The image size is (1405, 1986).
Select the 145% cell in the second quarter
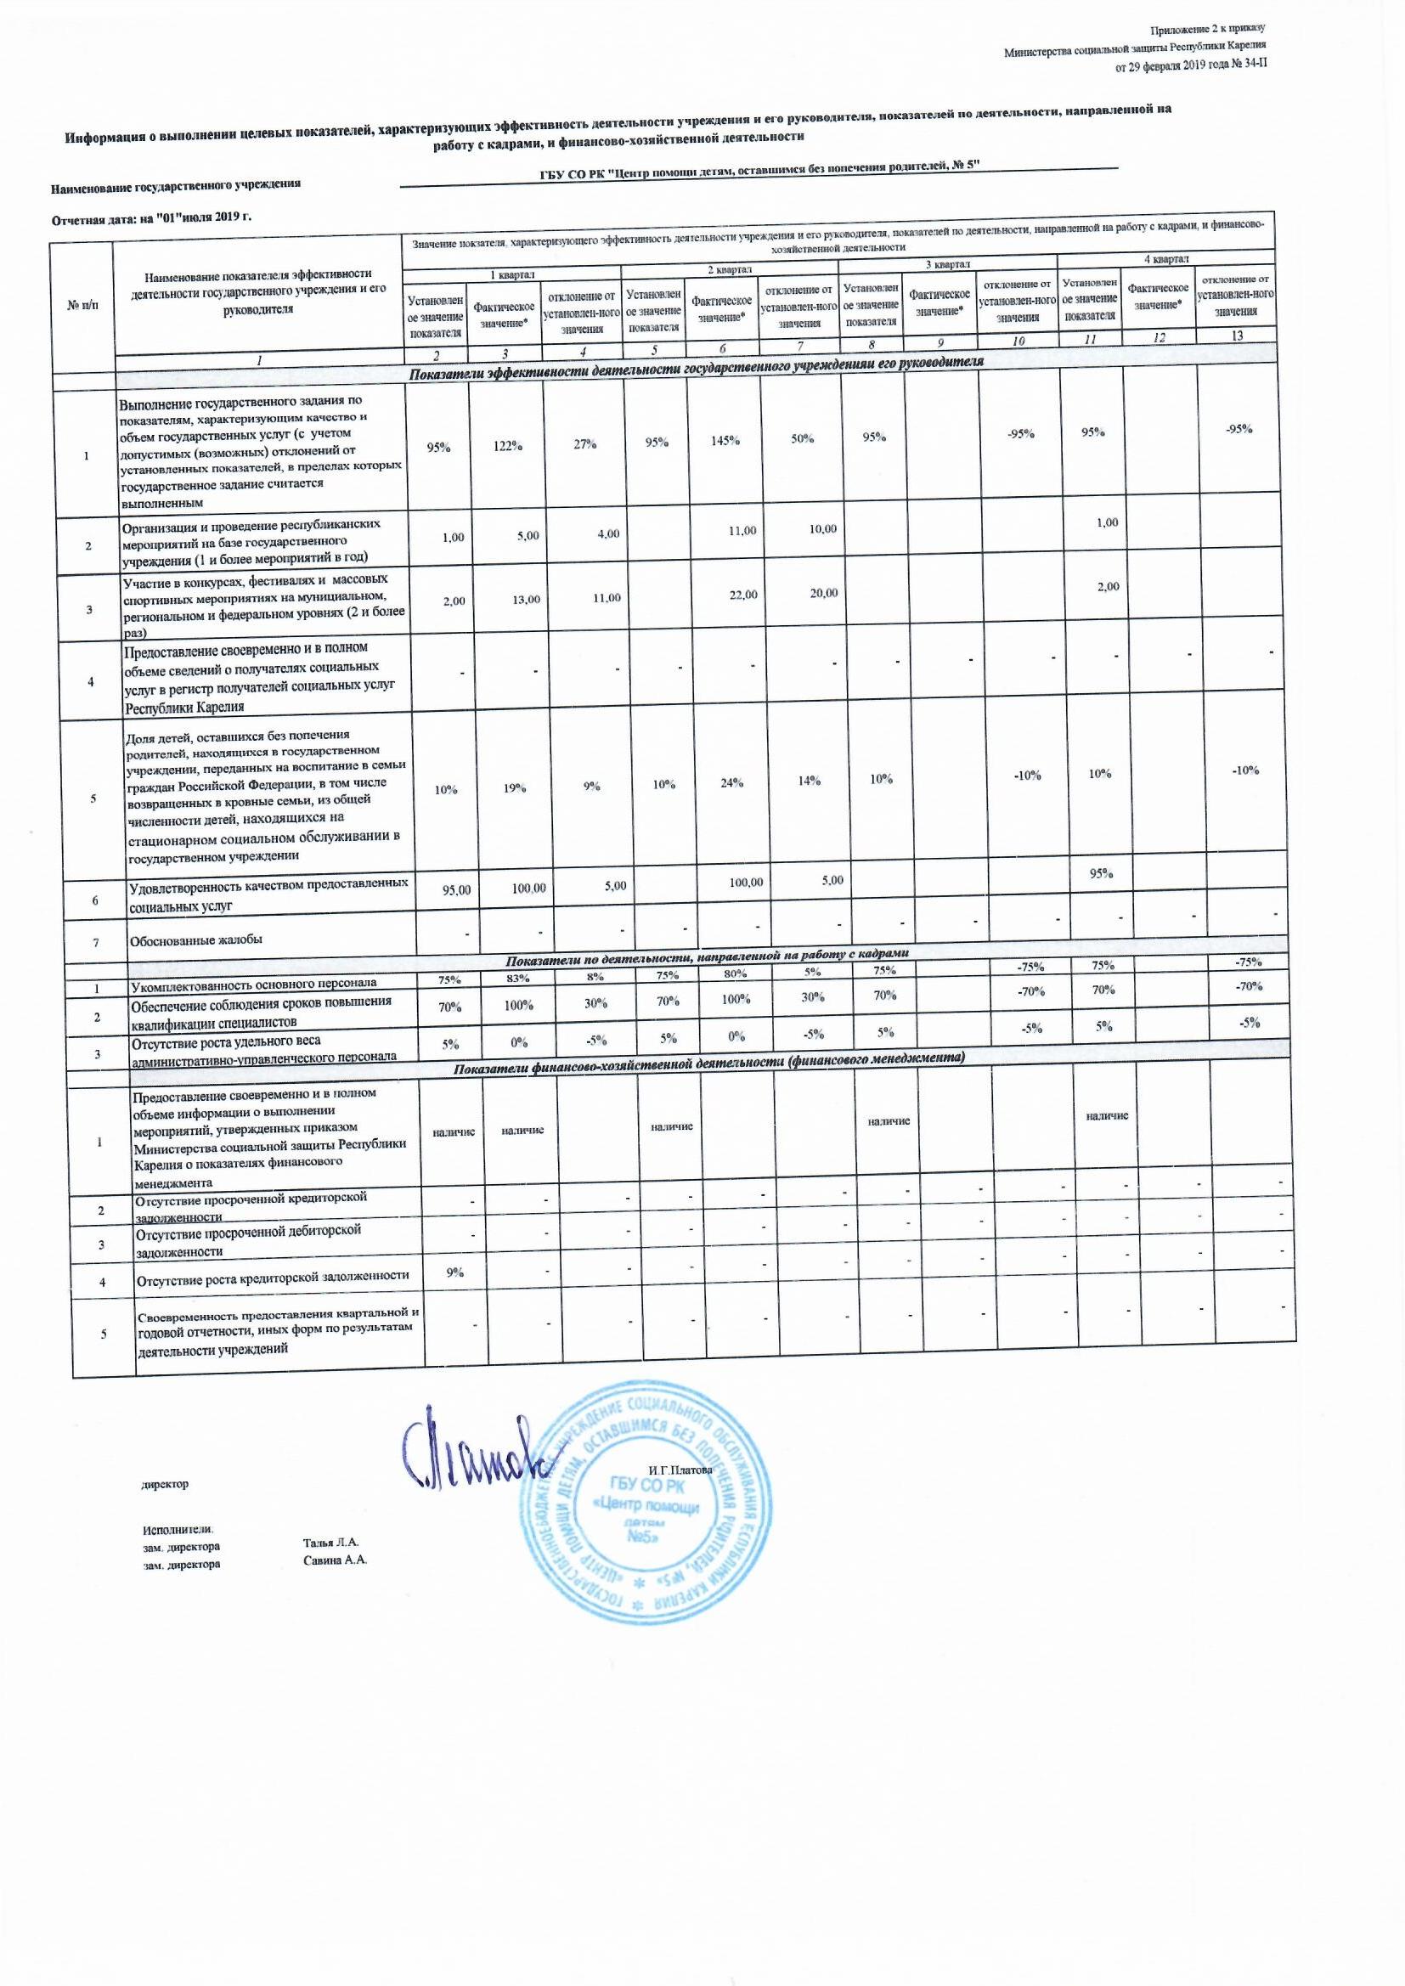click(724, 440)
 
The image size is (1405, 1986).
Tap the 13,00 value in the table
click(526, 599)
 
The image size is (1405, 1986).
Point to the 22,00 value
click(743, 595)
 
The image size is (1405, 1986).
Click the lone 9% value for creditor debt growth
click(455, 1272)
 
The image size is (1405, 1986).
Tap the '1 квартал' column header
click(513, 274)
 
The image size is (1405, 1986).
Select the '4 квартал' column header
click(1170, 258)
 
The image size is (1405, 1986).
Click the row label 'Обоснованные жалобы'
click(195, 939)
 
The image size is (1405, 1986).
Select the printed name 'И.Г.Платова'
click(680, 1470)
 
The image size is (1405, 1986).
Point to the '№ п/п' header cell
click(82, 303)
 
